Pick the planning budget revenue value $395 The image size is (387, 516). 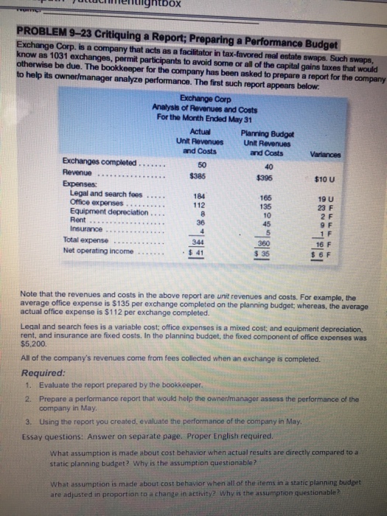coord(256,178)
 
